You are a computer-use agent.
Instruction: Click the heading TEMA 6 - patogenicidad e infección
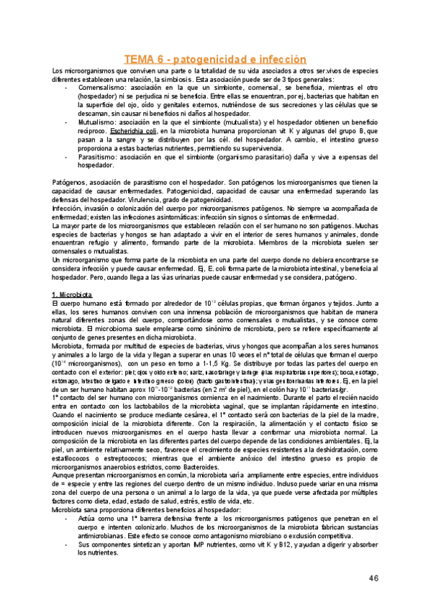click(216, 60)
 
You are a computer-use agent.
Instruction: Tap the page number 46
click(373, 578)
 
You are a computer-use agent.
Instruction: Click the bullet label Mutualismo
click(97, 124)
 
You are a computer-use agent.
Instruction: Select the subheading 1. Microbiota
click(75, 276)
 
